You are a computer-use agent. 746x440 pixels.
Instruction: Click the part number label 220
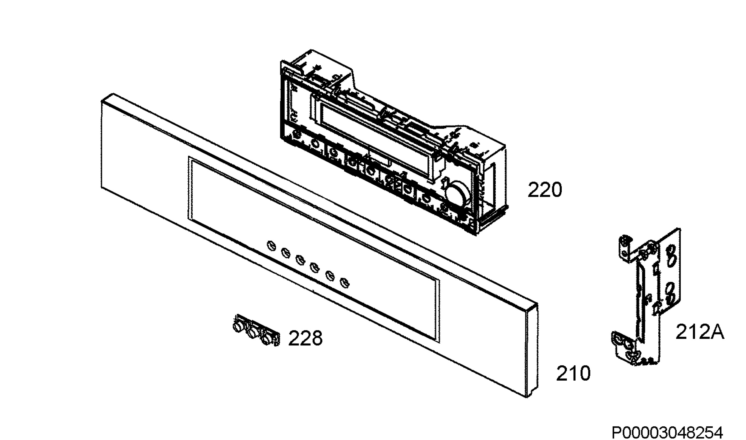point(545,190)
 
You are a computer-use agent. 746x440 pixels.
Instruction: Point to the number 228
point(306,338)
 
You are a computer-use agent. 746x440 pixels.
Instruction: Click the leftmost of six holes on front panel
point(271,245)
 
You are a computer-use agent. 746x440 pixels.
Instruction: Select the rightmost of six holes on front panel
point(344,283)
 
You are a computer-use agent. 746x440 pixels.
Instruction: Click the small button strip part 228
point(256,330)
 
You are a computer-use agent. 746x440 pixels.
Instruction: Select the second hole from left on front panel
point(286,253)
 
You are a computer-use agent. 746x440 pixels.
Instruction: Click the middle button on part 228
point(252,333)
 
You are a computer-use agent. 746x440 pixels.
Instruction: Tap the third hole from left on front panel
point(300,260)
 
